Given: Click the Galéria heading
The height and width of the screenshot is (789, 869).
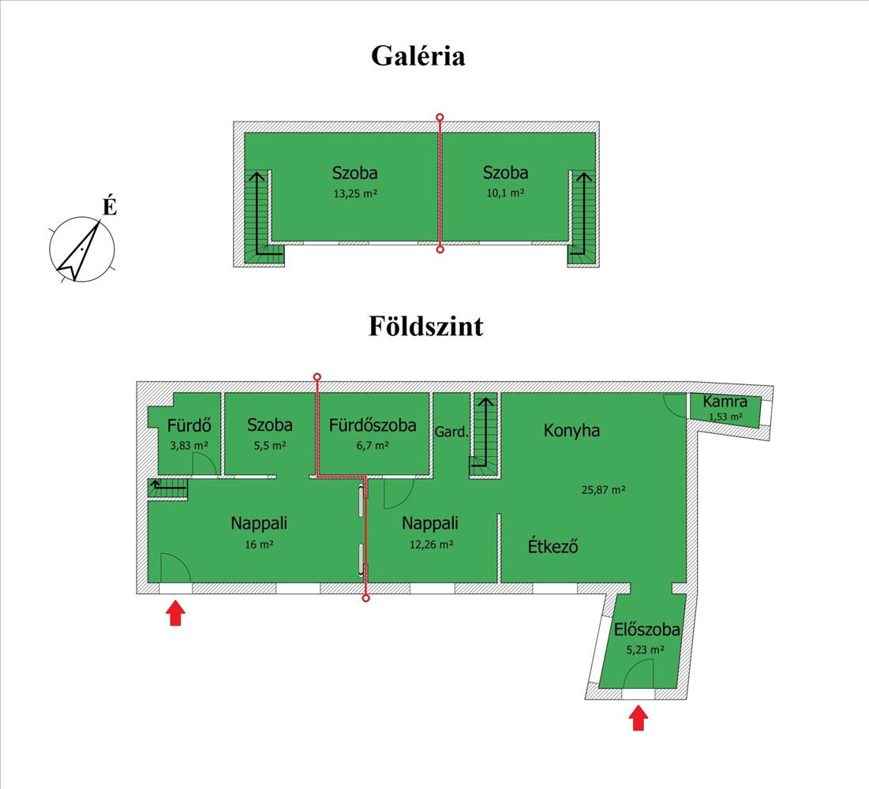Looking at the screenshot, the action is click(x=418, y=56).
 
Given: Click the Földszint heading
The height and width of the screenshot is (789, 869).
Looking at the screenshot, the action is click(x=425, y=327).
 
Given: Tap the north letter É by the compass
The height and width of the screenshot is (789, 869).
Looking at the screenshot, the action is click(x=110, y=206).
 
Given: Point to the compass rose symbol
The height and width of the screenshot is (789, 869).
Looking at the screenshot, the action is click(x=82, y=249).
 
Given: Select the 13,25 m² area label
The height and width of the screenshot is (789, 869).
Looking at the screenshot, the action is click(x=355, y=194).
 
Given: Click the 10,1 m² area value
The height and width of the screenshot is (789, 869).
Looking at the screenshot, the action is click(x=505, y=193).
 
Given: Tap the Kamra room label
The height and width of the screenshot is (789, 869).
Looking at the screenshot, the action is click(x=725, y=402).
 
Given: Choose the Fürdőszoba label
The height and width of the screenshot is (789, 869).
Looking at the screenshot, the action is click(x=373, y=425).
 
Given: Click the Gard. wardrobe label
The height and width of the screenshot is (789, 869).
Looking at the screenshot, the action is click(x=451, y=432).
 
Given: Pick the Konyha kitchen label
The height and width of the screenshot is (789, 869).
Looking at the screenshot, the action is click(x=571, y=431).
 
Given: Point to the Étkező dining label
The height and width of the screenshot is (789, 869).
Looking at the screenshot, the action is click(x=552, y=546).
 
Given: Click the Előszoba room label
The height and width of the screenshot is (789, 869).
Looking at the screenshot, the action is click(x=646, y=630).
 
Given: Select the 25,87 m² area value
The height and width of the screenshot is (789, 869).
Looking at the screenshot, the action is click(x=604, y=490).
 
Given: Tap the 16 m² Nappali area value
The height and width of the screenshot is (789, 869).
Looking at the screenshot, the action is click(x=259, y=544).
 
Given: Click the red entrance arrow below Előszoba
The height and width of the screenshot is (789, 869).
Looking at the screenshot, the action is click(x=639, y=718).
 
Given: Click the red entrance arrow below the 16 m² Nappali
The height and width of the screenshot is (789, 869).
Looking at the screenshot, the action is click(x=175, y=613).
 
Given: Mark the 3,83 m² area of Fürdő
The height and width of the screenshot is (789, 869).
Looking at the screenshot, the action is click(x=189, y=445).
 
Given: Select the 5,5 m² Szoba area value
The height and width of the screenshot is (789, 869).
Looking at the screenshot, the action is click(x=270, y=446).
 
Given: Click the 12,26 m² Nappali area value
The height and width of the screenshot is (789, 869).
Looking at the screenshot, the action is click(x=431, y=544).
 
